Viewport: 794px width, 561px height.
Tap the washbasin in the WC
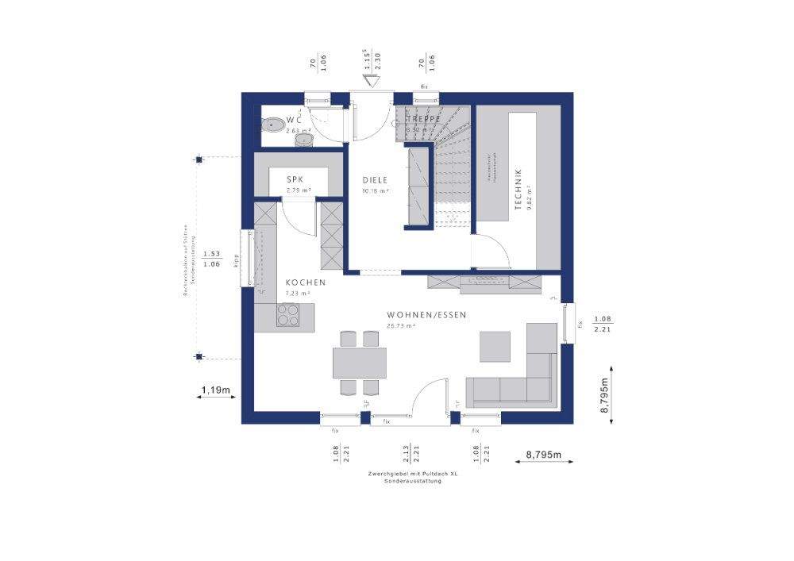click(304, 140)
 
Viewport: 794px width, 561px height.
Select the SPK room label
click(295, 180)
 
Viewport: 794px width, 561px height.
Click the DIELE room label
click(375, 180)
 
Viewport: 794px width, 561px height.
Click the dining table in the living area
click(360, 363)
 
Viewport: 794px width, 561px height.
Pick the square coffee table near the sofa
click(494, 345)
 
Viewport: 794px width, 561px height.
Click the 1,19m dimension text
click(215, 390)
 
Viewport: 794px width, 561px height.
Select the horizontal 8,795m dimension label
click(543, 455)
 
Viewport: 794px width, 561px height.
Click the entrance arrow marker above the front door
click(369, 79)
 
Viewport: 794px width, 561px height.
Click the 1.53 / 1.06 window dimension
click(211, 259)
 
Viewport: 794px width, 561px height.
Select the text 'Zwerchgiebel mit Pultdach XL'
click(413, 473)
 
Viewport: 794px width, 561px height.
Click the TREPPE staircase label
click(423, 119)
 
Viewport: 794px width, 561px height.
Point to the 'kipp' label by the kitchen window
click(236, 260)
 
